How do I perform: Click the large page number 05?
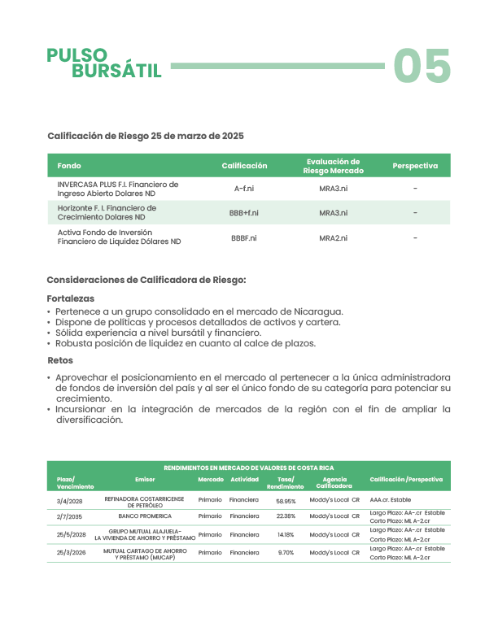pyautogui.click(x=422, y=67)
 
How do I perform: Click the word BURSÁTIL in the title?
pyautogui.click(x=116, y=71)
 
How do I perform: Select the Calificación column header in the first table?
pyautogui.click(x=244, y=166)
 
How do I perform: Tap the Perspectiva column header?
pyautogui.click(x=415, y=166)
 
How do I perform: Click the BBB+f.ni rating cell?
pyautogui.click(x=244, y=213)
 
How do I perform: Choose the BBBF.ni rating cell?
pyautogui.click(x=244, y=237)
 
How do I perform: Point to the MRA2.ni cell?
pyautogui.click(x=334, y=237)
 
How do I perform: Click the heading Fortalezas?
pyautogui.click(x=71, y=298)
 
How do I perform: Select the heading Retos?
pyautogui.click(x=60, y=360)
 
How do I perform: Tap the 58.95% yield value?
pyautogui.click(x=286, y=501)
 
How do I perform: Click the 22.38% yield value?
pyautogui.click(x=286, y=516)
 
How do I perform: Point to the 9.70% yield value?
pyautogui.click(x=286, y=553)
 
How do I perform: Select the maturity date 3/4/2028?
pyautogui.click(x=70, y=501)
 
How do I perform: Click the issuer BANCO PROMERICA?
pyautogui.click(x=145, y=516)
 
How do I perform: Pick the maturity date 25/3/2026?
pyautogui.click(x=72, y=553)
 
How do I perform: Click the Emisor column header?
pyautogui.click(x=145, y=480)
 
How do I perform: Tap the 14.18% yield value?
pyautogui.click(x=286, y=535)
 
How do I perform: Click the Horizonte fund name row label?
pyautogui.click(x=107, y=213)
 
